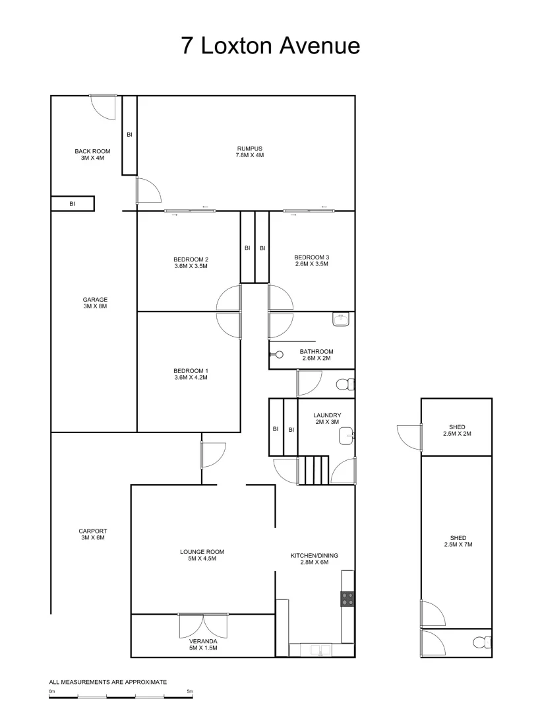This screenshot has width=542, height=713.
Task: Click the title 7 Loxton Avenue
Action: tap(271, 46)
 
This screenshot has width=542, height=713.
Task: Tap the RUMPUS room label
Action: tap(250, 152)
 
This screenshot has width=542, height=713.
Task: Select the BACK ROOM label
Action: tap(92, 154)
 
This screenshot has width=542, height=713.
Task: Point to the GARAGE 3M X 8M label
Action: tap(95, 302)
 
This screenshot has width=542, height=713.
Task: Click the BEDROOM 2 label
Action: tap(191, 262)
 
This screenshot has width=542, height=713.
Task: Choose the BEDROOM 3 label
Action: tap(311, 260)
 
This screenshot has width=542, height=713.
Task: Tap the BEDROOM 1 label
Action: tap(191, 374)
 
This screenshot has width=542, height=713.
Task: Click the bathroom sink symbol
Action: tap(342, 320)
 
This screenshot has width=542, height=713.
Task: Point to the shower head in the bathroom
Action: tap(273, 354)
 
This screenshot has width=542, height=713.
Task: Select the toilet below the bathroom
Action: tap(344, 384)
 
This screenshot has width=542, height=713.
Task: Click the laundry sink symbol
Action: tap(346, 436)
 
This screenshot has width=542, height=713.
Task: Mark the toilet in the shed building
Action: tap(481, 642)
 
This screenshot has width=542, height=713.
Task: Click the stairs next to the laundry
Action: tap(316, 470)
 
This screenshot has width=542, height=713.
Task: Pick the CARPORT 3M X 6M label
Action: tap(92, 534)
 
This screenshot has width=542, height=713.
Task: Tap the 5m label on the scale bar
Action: tap(190, 691)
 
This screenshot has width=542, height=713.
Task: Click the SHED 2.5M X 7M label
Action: tap(458, 541)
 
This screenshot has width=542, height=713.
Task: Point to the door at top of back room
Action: tap(104, 106)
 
